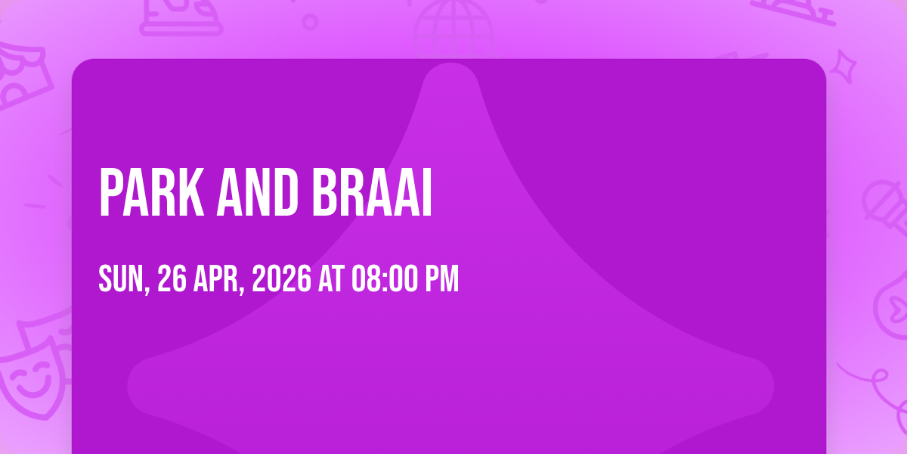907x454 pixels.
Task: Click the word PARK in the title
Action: tap(151, 192)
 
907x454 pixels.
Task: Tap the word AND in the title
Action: tap(258, 192)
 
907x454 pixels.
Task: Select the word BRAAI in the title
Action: tap(372, 192)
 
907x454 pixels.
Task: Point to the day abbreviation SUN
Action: tap(123, 279)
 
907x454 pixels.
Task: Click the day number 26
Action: tap(172, 278)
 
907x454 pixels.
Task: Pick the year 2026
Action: tap(282, 278)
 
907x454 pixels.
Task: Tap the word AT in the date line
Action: tap(331, 278)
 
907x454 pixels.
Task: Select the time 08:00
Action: tap(384, 278)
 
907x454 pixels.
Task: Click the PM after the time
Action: tap(441, 278)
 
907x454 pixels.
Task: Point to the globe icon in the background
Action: tap(453, 27)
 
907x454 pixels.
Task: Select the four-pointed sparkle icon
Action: tap(844, 67)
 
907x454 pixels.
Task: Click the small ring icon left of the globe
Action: tap(310, 22)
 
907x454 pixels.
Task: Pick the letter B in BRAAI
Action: tap(324, 192)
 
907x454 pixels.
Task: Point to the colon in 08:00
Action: tap(385, 280)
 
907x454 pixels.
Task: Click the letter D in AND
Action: tap(286, 192)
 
